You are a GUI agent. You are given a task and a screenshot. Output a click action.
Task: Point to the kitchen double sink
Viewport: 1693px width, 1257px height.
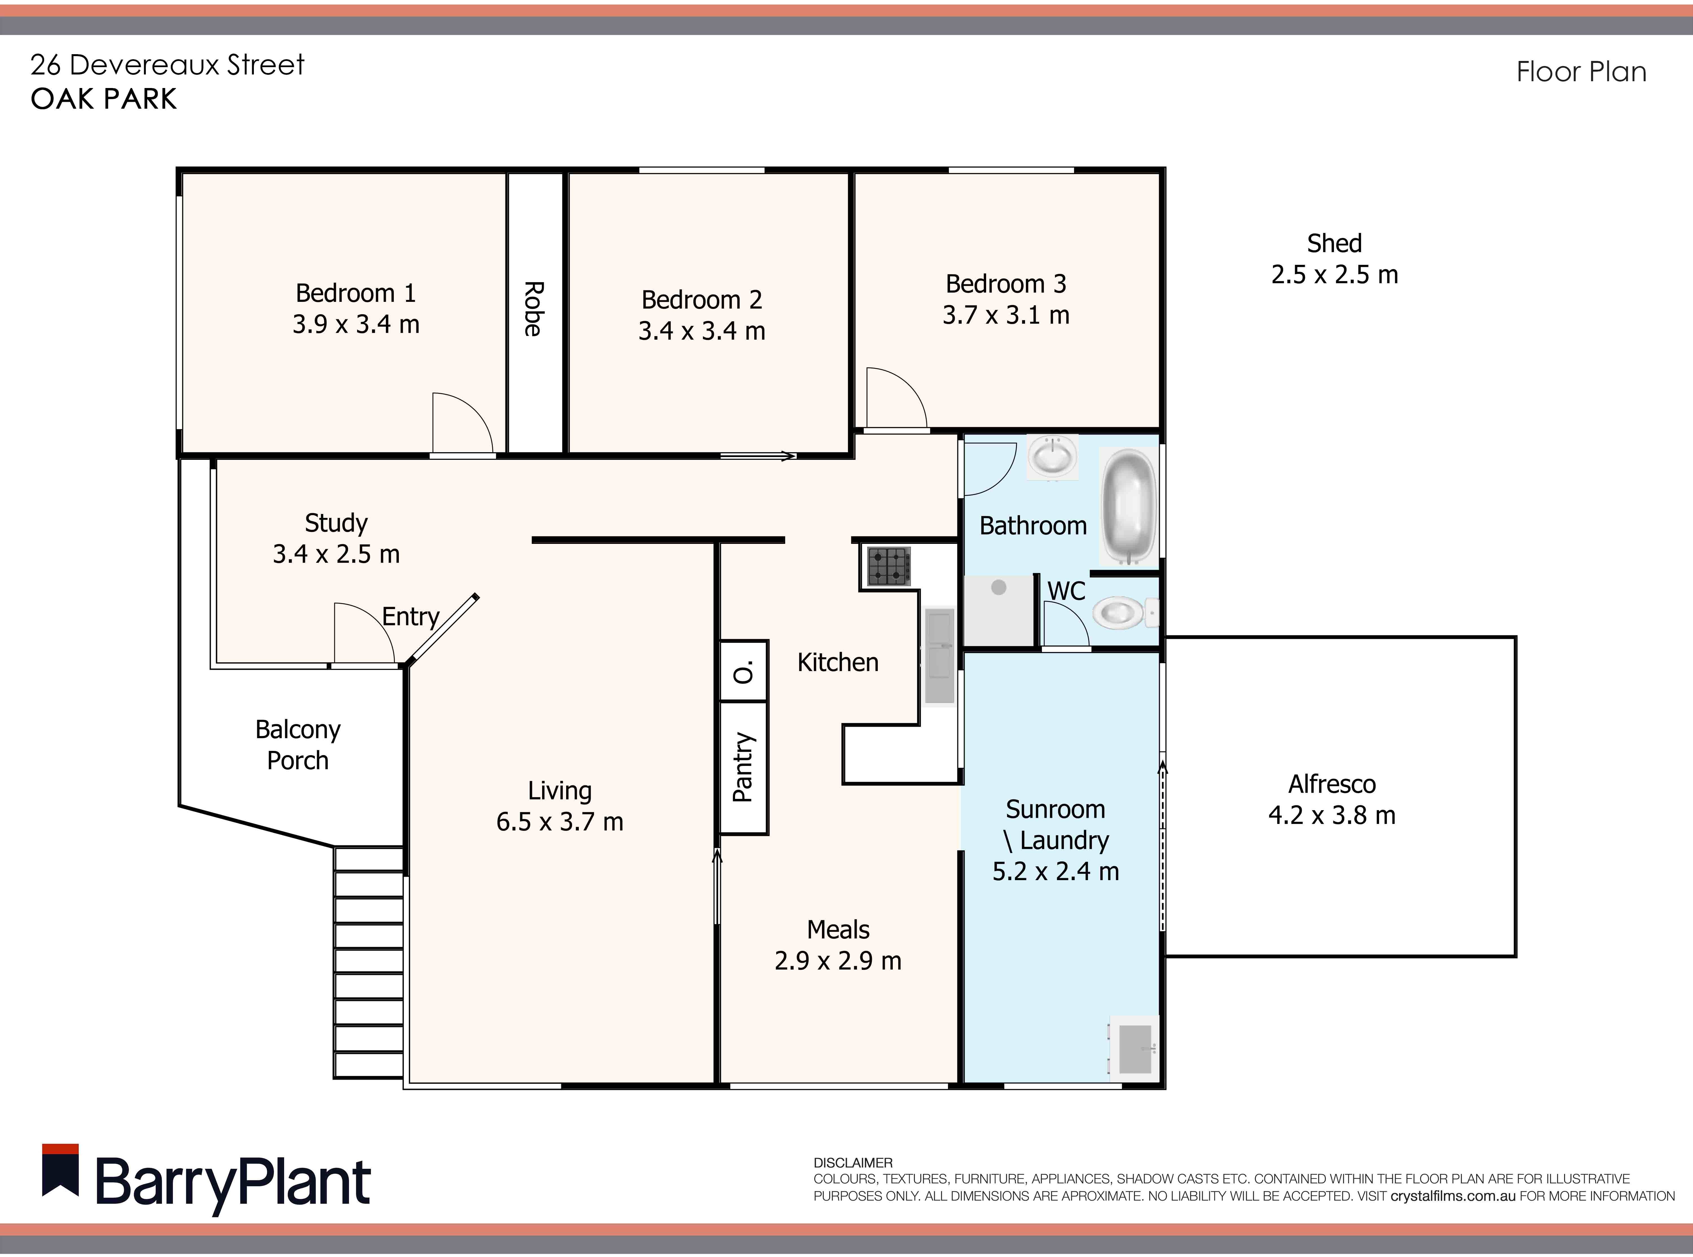click(x=939, y=656)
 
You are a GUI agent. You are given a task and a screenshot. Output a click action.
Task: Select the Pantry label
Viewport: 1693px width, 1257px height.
click(x=743, y=767)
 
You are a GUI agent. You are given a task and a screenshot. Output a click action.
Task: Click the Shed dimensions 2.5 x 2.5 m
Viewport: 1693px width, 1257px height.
click(x=1334, y=275)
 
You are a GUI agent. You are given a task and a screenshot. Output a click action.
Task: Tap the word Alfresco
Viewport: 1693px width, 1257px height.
click(x=1332, y=784)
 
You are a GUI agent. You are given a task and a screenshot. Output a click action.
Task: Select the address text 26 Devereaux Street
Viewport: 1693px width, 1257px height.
click(x=167, y=65)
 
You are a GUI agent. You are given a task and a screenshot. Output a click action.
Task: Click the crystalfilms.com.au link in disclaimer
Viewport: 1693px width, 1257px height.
click(x=1453, y=1196)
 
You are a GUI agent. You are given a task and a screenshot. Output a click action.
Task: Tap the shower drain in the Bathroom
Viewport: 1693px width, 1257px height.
click(x=999, y=587)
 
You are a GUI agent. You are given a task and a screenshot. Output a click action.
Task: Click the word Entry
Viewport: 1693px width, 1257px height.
click(x=410, y=616)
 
